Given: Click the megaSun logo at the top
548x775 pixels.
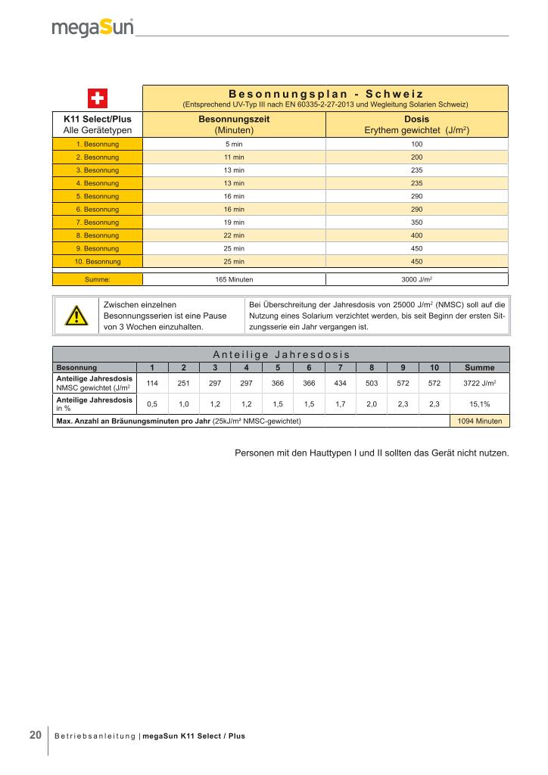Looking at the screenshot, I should click(x=92, y=28).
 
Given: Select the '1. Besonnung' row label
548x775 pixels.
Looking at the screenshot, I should click(x=97, y=144).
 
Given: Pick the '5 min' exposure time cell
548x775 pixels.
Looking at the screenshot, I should click(x=234, y=144).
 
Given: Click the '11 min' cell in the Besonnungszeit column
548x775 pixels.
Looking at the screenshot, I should click(x=234, y=157).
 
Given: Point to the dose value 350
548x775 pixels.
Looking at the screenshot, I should click(x=416, y=222).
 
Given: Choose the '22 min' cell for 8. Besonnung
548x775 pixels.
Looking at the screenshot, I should click(x=234, y=235).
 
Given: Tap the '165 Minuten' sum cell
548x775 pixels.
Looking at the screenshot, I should click(x=234, y=279).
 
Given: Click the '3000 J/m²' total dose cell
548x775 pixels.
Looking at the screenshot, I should click(x=416, y=279).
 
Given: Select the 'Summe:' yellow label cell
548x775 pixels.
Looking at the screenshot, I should click(x=97, y=279).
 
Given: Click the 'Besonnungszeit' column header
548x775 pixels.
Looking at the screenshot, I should click(x=234, y=120).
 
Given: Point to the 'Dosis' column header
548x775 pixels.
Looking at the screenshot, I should click(x=416, y=120).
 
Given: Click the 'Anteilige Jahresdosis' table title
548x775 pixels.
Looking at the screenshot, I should click(x=280, y=354).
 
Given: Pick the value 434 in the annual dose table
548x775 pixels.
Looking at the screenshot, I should click(x=340, y=383).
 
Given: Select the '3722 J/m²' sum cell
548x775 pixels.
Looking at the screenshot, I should click(x=479, y=383).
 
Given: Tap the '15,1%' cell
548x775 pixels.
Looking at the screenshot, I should click(x=479, y=404).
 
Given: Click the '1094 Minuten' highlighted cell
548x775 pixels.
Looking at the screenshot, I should click(x=479, y=421).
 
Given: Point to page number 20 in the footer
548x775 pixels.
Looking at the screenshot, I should click(x=36, y=735).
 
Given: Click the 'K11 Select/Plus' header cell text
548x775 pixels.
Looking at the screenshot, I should click(x=97, y=120).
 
